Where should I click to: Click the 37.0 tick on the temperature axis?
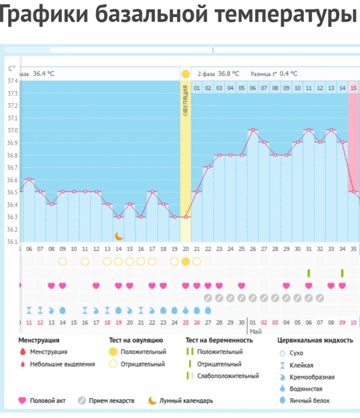pyautogui.click(x=11, y=130)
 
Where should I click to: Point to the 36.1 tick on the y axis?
pyautogui.click(x=11, y=242)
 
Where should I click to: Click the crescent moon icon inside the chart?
pyautogui.click(x=118, y=236)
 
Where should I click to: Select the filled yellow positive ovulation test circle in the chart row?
pyautogui.click(x=186, y=261)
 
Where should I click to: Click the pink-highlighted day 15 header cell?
pyautogui.click(x=353, y=88)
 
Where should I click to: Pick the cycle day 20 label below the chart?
pyautogui.click(x=186, y=249)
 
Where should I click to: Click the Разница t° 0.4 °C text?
pyautogui.click(x=274, y=73)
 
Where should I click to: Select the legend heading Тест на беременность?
pyautogui.click(x=219, y=340)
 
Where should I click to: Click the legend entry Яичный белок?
pyautogui.click(x=310, y=401)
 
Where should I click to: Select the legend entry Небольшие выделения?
pyautogui.click(x=62, y=364)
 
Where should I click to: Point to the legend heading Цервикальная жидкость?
pyautogui.click(x=315, y=340)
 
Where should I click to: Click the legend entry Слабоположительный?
pyautogui.click(x=228, y=376)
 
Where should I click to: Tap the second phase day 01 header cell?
pyautogui.click(x=197, y=88)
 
